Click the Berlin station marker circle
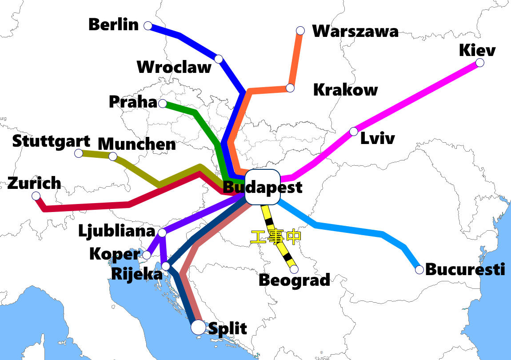148,25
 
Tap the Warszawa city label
355,31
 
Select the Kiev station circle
479,63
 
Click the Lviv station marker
353,131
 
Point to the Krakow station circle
290,88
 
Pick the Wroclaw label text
174,67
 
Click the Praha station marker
163,104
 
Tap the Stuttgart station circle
79,153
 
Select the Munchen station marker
113,156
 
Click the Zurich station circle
36,196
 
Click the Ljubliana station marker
162,232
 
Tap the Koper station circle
147,255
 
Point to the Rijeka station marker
166,266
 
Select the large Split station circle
198,328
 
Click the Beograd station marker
294,269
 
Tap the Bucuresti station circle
419,269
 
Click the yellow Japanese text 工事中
275,237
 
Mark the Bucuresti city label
465,269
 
